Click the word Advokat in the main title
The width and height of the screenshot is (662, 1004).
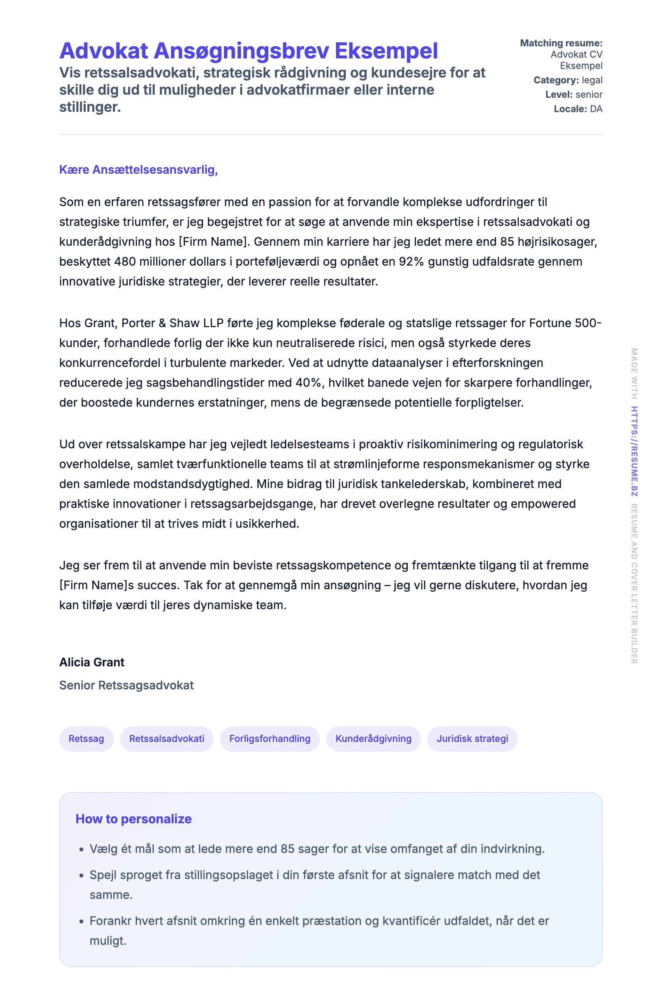[x=104, y=51]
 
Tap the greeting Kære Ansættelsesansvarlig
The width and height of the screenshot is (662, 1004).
[x=139, y=170]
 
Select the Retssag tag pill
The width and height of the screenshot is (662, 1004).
[x=86, y=738]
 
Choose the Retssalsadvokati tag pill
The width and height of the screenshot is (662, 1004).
[x=167, y=738]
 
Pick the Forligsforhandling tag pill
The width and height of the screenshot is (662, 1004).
[x=270, y=738]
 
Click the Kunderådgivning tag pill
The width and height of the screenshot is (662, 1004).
[x=373, y=738]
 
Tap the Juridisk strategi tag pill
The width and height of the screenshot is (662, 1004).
[x=472, y=738]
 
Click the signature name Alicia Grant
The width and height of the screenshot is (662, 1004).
[x=92, y=662]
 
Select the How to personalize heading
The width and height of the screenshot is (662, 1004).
[x=134, y=819]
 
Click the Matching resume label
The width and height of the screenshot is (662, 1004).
[x=561, y=43]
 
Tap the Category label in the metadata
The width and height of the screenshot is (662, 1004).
[x=556, y=80]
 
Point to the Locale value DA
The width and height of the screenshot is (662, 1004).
[x=596, y=109]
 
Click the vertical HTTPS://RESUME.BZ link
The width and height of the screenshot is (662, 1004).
[x=634, y=451]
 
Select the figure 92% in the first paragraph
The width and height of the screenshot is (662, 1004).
[x=411, y=262]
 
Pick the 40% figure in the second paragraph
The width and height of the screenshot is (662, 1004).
[x=309, y=383]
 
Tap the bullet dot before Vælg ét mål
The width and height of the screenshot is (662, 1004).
[x=82, y=849]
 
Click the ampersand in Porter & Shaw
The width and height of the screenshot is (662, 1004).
[x=162, y=323]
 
